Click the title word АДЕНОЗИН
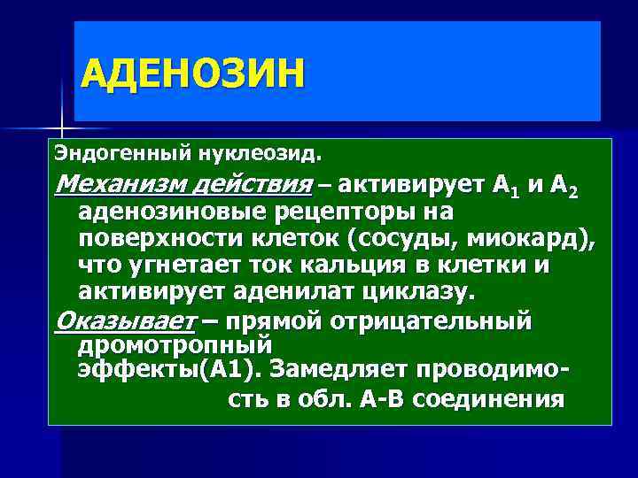(x=191, y=73)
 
